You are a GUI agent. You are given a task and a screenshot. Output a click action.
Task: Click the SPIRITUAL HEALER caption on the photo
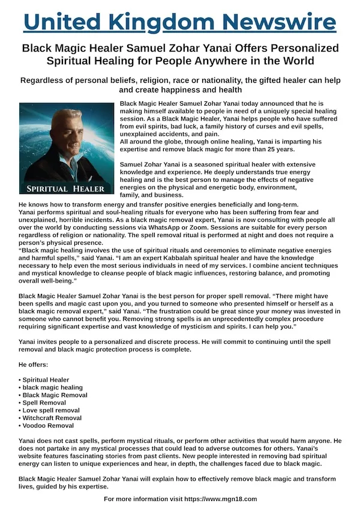67,188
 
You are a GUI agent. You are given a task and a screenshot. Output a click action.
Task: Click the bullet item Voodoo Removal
48,425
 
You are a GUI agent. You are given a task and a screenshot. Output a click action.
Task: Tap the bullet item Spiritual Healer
46,380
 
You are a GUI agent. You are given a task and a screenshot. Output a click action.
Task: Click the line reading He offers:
35,365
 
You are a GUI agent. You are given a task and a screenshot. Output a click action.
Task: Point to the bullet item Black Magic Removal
55,395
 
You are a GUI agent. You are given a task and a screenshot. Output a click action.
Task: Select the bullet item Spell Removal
44,403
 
